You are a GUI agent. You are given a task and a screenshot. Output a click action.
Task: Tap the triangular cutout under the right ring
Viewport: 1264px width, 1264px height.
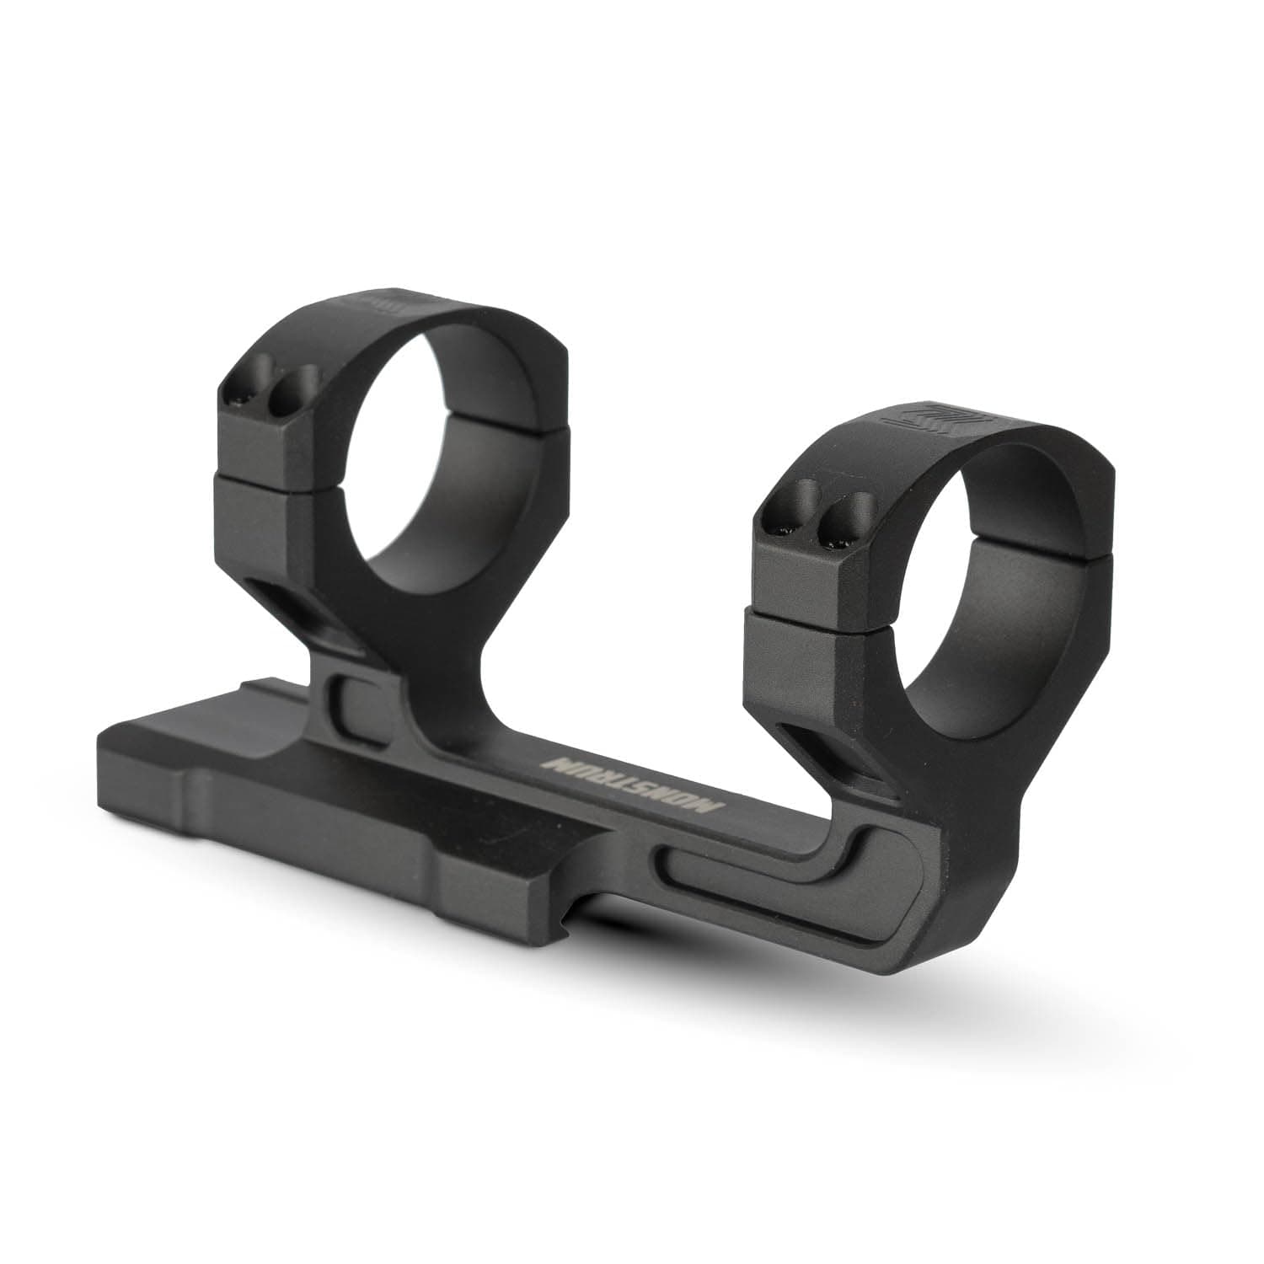point(834,750)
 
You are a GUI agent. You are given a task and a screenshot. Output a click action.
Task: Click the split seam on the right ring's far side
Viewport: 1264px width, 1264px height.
point(1087,552)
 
